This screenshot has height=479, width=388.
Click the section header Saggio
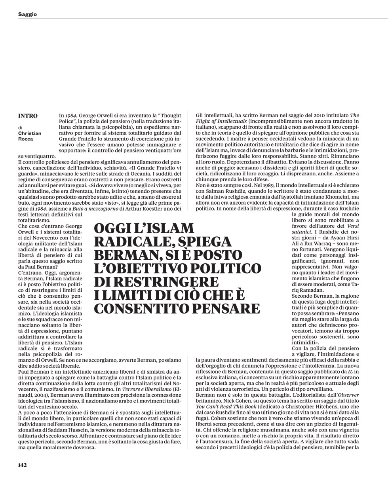pyautogui.click(x=27, y=14)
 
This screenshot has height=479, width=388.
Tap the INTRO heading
pyautogui.click(x=28, y=116)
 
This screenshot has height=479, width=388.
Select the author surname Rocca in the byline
pyautogui.click(x=26, y=139)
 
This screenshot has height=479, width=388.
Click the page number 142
pyautogui.click(x=22, y=465)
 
